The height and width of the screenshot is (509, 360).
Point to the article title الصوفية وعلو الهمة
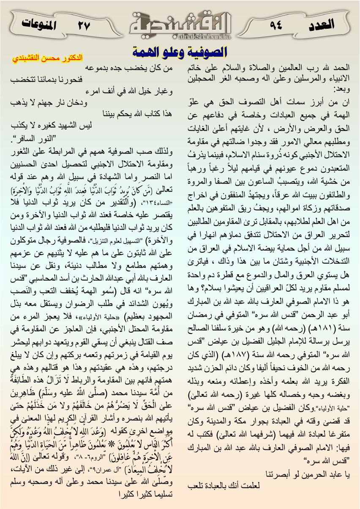click(x=180, y=52)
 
